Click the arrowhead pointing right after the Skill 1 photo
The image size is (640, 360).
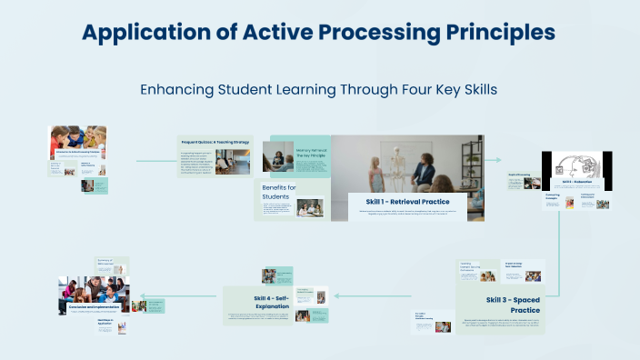pyautogui.click(x=498, y=160)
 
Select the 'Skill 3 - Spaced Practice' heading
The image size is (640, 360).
pyautogui.click(x=513, y=305)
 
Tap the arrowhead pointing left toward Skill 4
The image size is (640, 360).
pyautogui.click(x=336, y=295)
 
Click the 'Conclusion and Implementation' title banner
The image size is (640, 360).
pyautogui.click(x=95, y=307)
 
